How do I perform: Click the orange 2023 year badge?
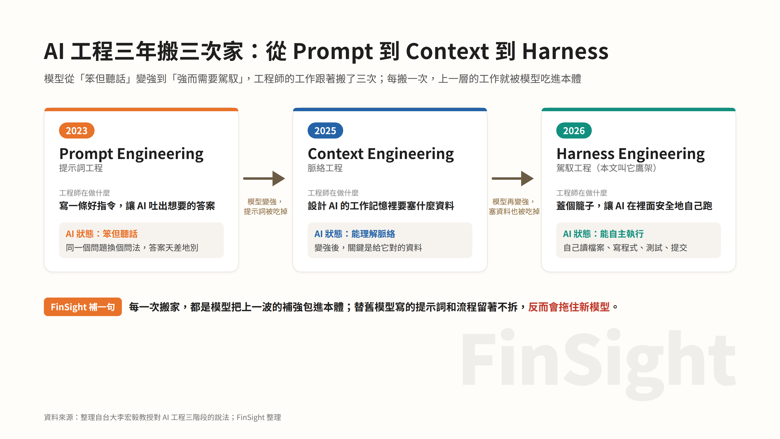(x=77, y=130)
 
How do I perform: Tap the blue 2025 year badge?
(x=325, y=130)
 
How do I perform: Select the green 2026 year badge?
(x=574, y=130)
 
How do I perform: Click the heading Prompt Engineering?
(x=131, y=154)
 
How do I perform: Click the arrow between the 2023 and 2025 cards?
(x=264, y=179)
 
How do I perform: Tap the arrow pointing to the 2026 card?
(x=513, y=179)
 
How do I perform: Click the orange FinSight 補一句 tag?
(x=83, y=307)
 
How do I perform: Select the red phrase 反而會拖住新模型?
(x=569, y=307)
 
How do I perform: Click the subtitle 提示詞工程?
(x=81, y=168)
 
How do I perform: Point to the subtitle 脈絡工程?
(x=325, y=168)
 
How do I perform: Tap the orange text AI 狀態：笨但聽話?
(x=102, y=234)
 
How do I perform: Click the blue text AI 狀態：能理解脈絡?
(x=355, y=234)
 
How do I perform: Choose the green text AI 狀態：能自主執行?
(x=603, y=234)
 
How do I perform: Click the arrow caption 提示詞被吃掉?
(x=265, y=211)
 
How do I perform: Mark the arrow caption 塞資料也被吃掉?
(x=514, y=211)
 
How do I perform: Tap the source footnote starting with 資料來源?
(x=163, y=418)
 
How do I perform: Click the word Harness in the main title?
(x=565, y=51)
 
